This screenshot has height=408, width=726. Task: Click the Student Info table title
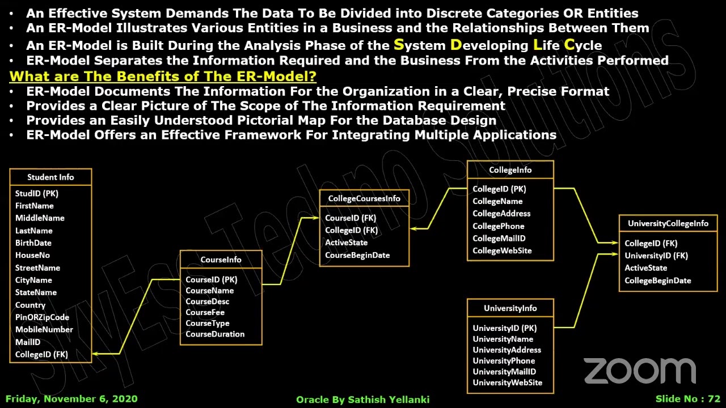(50, 177)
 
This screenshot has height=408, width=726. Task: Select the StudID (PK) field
(37, 194)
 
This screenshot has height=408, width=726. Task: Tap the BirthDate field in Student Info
(33, 243)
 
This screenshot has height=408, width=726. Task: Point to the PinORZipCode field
(42, 317)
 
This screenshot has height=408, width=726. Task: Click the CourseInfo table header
(221, 260)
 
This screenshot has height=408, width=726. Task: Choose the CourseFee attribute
(205, 312)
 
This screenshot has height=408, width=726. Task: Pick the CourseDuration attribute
(215, 334)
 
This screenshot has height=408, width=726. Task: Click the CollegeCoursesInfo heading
(364, 198)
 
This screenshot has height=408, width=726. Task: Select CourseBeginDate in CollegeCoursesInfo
(357, 256)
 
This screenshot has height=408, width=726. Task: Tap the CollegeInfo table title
(510, 170)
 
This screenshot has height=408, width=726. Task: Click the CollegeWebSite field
(502, 251)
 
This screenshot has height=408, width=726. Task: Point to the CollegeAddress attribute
(501, 214)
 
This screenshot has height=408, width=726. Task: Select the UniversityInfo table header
(510, 308)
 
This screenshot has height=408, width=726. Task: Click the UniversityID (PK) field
(504, 328)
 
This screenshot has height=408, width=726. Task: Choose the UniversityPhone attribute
(504, 361)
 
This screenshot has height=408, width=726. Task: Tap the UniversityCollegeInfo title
(668, 224)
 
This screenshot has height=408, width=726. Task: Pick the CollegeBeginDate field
(657, 280)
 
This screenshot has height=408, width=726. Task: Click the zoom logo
(640, 371)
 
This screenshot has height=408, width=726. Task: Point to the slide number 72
(687, 399)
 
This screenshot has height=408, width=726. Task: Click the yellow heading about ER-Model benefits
(163, 76)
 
